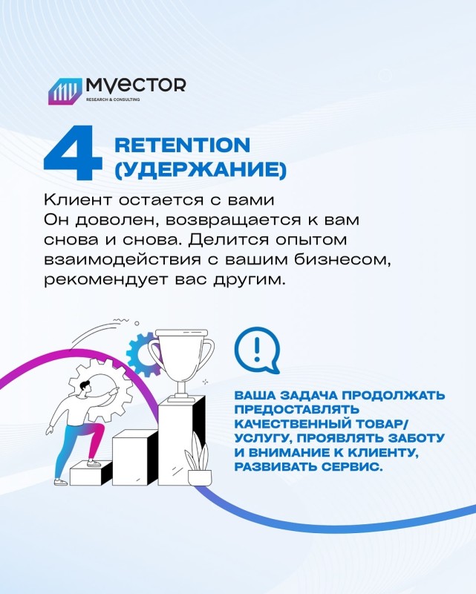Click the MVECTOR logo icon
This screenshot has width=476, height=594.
coord(65,91)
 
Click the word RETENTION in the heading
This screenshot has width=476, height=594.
coord(182,145)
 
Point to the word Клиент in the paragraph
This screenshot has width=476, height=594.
coord(79,200)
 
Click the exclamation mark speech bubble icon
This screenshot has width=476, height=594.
coord(257,350)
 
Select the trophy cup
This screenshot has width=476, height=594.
coord(180,362)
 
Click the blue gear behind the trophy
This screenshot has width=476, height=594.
coord(140,355)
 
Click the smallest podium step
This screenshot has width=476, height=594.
coord(91,473)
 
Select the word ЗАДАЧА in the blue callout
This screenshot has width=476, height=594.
coord(308,395)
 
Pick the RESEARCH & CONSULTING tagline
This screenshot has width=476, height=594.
coord(113,99)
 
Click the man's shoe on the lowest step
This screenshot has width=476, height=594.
coord(94,463)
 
